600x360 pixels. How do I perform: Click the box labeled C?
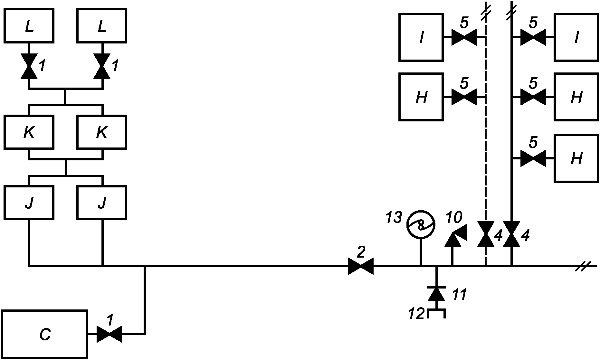(45, 334)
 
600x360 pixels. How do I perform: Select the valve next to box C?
(109, 334)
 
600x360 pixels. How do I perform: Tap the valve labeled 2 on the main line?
(361, 266)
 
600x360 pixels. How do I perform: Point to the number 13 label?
(394, 218)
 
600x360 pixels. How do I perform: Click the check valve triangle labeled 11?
(436, 293)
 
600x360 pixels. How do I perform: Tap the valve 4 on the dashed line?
(486, 234)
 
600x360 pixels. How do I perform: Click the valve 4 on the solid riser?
(512, 234)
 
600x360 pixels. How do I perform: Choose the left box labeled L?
(29, 25)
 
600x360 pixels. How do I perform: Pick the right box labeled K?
(102, 132)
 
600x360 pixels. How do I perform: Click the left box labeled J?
(29, 203)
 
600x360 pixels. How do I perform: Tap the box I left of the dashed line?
(421, 37)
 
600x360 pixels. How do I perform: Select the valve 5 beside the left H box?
(464, 97)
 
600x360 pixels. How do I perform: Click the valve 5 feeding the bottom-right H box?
(533, 158)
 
